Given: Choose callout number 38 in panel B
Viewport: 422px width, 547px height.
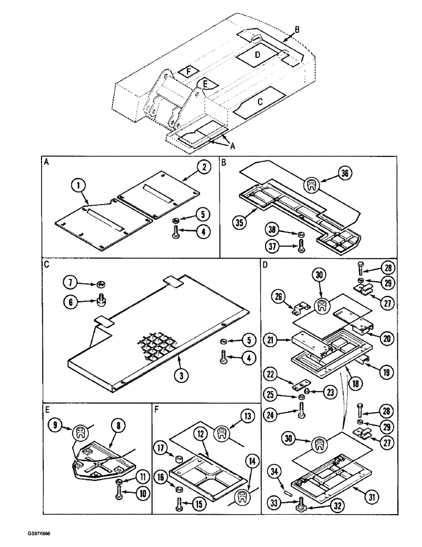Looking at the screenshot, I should (x=274, y=230).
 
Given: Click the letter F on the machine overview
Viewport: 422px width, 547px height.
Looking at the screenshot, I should (x=189, y=72).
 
